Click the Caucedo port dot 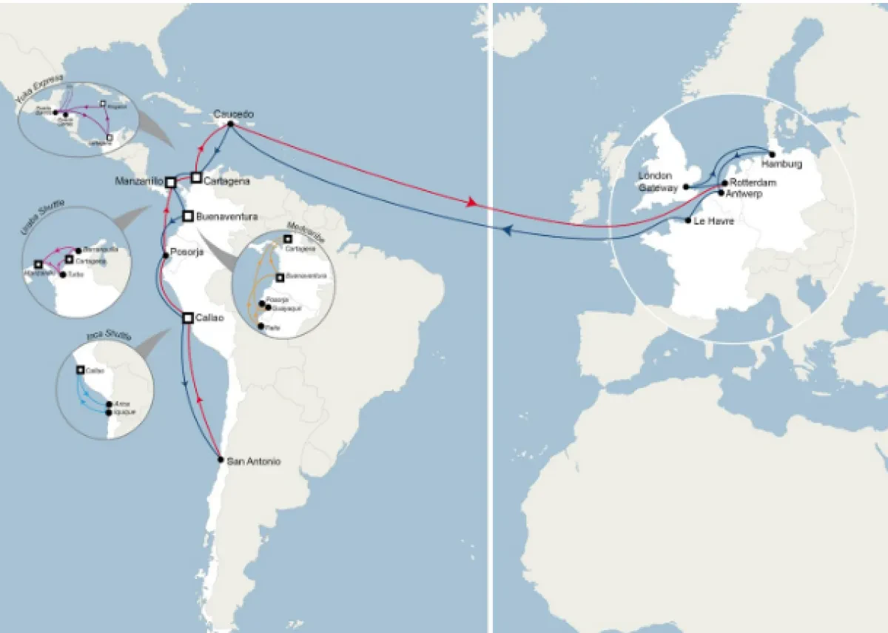[230, 124]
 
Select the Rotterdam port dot [724, 182]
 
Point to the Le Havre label [714, 221]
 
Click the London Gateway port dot [687, 187]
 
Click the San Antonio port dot [220, 460]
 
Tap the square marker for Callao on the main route [188, 318]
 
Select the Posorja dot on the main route [166, 256]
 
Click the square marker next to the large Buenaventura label [188, 216]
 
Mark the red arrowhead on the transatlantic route [471, 203]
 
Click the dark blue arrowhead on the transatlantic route [508, 230]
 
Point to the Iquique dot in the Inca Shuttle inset [109, 412]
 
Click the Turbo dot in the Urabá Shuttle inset [62, 274]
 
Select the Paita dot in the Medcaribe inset [260, 325]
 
